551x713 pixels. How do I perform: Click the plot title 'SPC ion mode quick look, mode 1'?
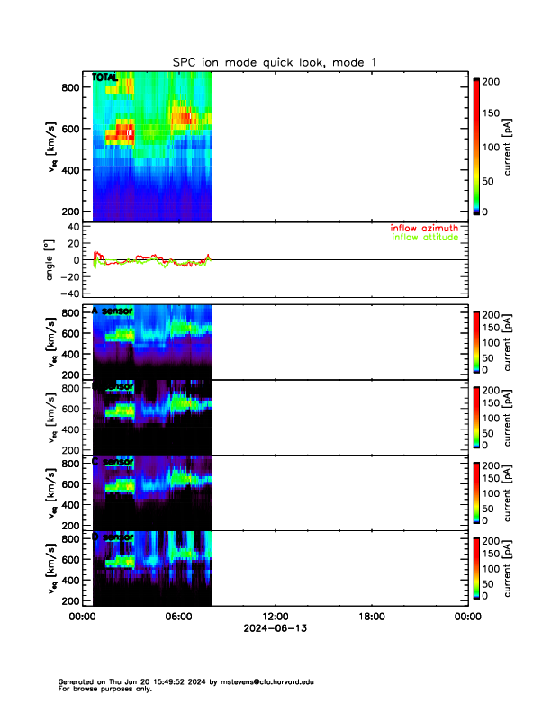coord(275,61)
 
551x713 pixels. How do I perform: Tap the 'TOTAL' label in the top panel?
coord(104,77)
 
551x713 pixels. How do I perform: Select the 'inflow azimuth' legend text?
coord(424,229)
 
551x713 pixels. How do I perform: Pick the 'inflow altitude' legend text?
coord(424,239)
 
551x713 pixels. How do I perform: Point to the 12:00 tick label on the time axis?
coord(275,617)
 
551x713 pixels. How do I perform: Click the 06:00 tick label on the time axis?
coord(178,617)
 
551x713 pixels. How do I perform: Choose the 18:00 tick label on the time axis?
coord(371,617)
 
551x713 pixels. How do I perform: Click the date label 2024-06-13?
coord(275,627)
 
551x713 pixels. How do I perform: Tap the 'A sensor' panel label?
coord(113,311)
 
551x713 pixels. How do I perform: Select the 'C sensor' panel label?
coord(113,462)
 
